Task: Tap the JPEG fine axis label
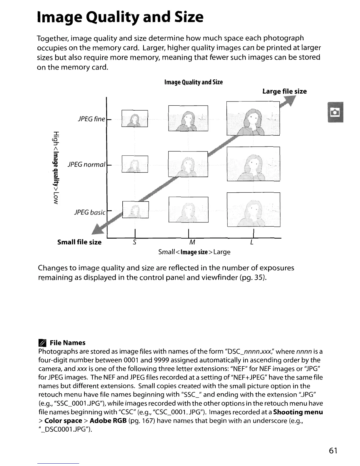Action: coord(91,119)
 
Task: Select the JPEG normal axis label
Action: coord(86,164)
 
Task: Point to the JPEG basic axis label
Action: coord(89,212)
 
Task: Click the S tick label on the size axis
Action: coord(134,242)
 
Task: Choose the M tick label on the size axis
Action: coord(192,242)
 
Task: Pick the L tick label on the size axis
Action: coord(252,242)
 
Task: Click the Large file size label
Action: coord(284,91)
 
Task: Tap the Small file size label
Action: coord(79,242)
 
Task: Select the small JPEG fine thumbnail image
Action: coord(134,119)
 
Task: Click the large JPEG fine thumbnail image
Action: coord(253,118)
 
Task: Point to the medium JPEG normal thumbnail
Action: coord(188,164)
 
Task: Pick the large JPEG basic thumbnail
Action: coord(253,209)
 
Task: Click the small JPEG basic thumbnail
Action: coord(135,210)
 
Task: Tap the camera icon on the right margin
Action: coord(336,112)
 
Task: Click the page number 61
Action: coord(333,450)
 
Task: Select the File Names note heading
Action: coord(67,343)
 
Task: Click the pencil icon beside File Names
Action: coord(43,343)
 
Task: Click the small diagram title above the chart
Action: coord(194,82)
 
